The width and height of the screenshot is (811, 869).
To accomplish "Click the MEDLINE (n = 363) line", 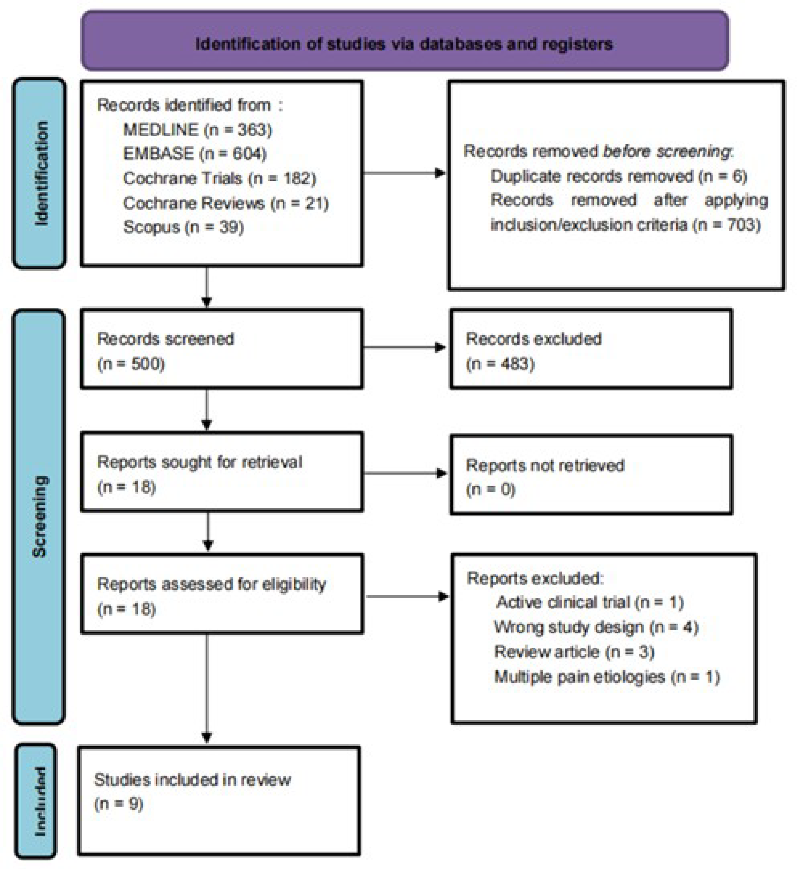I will click(197, 130).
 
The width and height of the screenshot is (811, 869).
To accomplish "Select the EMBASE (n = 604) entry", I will click(195, 154).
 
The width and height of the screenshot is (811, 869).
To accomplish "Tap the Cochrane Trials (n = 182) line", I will click(219, 178).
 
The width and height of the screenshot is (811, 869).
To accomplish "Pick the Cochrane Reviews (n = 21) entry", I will click(225, 203).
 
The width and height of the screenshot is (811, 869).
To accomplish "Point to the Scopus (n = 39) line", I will click(184, 227).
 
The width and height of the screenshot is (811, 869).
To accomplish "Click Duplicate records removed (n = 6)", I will click(618, 176).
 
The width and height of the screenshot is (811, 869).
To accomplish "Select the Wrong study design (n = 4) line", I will click(596, 627).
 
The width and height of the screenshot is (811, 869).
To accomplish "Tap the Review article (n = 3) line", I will click(574, 652).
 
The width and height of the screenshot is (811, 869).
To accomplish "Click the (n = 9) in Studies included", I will click(118, 804).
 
